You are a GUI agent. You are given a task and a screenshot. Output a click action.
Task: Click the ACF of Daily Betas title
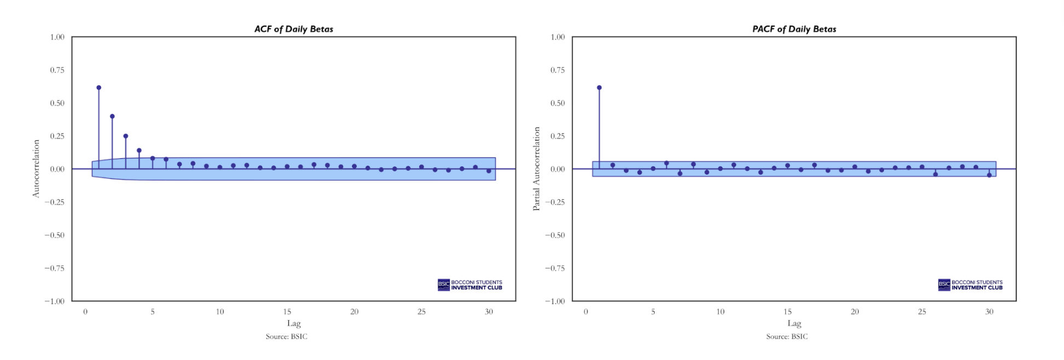click(x=293, y=29)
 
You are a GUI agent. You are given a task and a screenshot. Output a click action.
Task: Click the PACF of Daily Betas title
click(x=794, y=29)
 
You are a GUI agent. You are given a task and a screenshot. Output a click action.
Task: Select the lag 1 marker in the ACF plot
click(x=99, y=88)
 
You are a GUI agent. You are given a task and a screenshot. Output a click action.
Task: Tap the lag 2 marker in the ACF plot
click(x=112, y=116)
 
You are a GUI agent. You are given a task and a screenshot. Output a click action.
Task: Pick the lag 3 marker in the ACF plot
click(x=126, y=136)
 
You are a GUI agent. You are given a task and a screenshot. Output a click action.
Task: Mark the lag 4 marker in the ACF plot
click(x=139, y=150)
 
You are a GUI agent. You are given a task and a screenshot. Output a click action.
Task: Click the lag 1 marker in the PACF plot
click(x=599, y=88)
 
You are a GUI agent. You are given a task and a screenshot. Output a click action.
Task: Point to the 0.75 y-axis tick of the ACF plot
click(x=57, y=70)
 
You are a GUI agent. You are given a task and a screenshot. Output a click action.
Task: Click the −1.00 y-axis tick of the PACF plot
click(x=555, y=301)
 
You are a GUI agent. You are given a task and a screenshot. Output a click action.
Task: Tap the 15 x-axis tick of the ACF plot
click(x=287, y=312)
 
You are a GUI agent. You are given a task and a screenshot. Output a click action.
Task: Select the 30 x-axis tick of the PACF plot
click(x=989, y=312)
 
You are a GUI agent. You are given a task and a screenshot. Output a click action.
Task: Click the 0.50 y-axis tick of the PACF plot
click(x=557, y=103)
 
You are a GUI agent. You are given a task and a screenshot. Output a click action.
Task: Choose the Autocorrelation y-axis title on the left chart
click(x=36, y=169)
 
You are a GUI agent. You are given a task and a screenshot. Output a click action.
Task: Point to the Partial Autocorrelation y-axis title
click(x=536, y=169)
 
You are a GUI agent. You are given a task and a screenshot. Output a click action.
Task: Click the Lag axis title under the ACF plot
click(x=294, y=323)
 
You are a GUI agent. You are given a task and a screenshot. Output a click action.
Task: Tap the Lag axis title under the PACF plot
click(x=794, y=323)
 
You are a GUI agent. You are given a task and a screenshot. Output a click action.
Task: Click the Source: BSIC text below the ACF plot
click(x=286, y=336)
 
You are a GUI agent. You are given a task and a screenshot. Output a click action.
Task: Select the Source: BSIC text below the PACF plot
click(x=787, y=336)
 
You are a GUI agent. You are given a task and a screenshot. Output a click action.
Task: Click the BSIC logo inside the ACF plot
click(x=470, y=284)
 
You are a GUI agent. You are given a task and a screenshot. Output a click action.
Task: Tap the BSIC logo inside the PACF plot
click(x=970, y=284)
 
